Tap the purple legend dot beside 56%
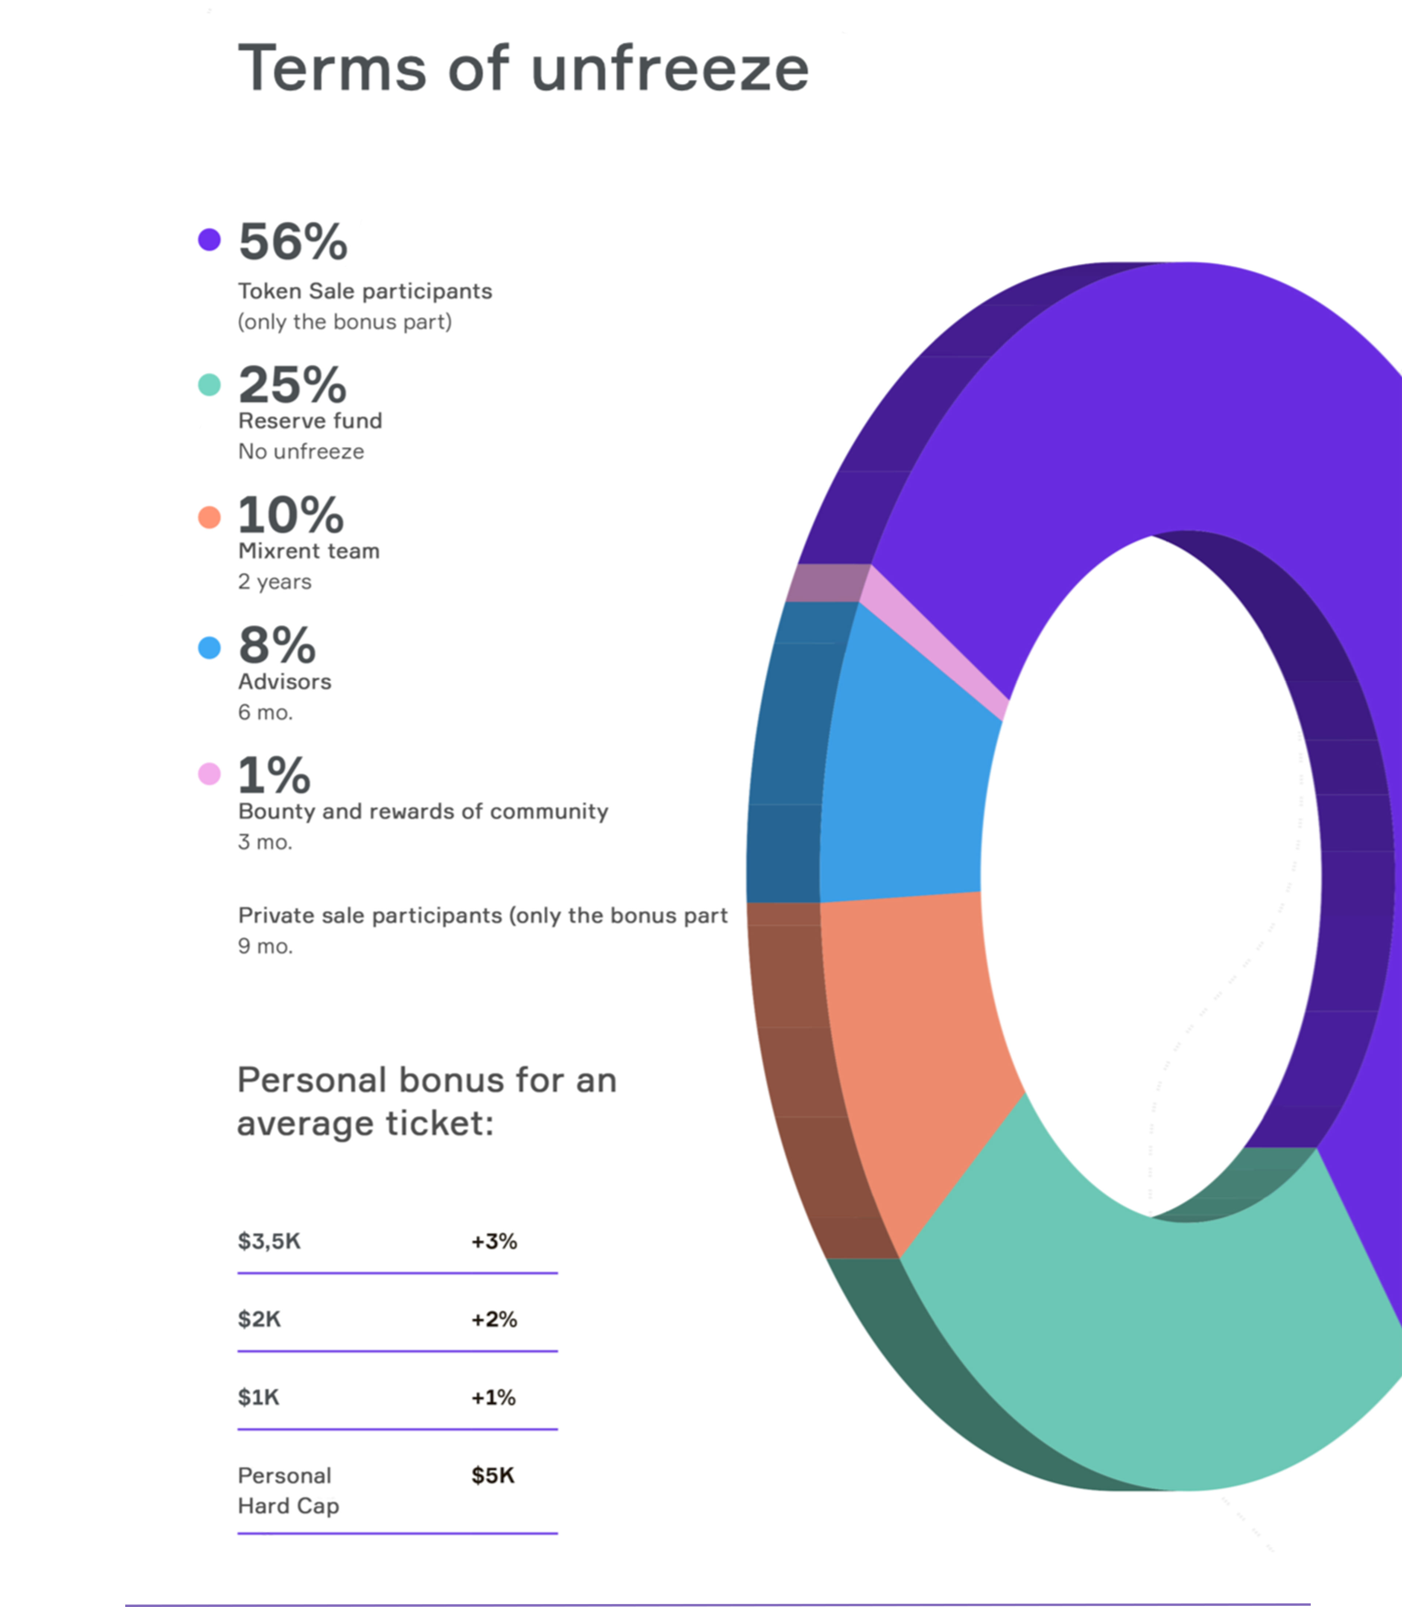coord(209,239)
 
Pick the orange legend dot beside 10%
coord(209,517)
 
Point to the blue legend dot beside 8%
coord(209,647)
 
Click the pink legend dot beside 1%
coord(209,774)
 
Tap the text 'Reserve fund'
coord(310,421)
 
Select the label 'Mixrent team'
coord(308,551)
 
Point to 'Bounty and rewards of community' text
coord(422,811)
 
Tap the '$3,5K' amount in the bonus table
coord(269,1241)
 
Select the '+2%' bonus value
coord(494,1319)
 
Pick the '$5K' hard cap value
coord(492,1475)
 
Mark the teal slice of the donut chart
coord(1134,1330)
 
